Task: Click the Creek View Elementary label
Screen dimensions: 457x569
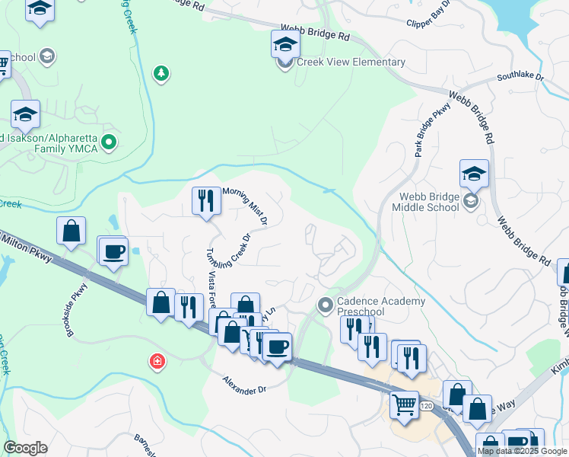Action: pos(351,62)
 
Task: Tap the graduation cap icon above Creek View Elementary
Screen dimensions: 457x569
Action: pos(285,44)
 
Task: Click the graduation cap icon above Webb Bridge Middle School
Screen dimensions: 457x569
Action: pos(474,174)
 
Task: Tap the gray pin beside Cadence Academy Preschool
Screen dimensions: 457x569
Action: pos(326,305)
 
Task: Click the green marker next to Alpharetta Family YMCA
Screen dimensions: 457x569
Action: pos(109,141)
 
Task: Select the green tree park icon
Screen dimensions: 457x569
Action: pos(161,73)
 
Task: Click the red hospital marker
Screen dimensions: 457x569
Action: pos(157,361)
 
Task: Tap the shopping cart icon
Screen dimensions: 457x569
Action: pos(404,404)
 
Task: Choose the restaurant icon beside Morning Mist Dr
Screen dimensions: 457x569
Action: pos(206,201)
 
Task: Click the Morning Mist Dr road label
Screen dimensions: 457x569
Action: pos(245,206)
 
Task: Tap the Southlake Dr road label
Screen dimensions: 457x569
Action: pos(520,77)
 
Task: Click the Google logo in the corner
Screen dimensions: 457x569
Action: pos(25,448)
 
